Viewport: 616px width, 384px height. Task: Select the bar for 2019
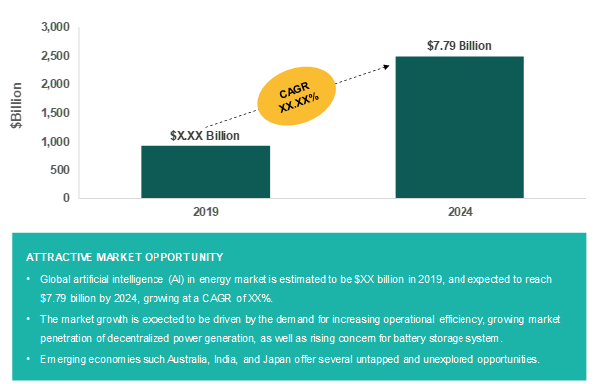tap(205, 172)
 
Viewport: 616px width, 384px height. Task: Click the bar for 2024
tap(460, 127)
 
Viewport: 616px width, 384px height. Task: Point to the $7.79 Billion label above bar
tap(460, 46)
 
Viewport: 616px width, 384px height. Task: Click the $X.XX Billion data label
tap(205, 135)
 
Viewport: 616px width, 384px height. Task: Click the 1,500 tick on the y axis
tap(55, 113)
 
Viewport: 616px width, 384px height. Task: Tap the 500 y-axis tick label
tap(61, 170)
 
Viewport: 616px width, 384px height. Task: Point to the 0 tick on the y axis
tap(67, 197)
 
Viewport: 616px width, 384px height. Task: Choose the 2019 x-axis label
tap(205, 213)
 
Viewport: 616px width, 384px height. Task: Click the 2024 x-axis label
tap(460, 213)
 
